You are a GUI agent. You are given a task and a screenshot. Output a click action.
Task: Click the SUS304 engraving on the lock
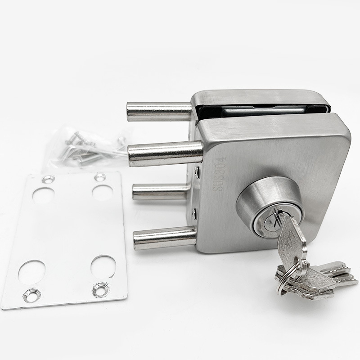tap(219, 174)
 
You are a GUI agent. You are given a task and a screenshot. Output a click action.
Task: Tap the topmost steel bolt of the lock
tap(159, 112)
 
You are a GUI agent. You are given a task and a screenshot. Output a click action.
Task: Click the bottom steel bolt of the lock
tap(165, 238)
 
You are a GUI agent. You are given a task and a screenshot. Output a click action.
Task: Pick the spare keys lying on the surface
tap(317, 280)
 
